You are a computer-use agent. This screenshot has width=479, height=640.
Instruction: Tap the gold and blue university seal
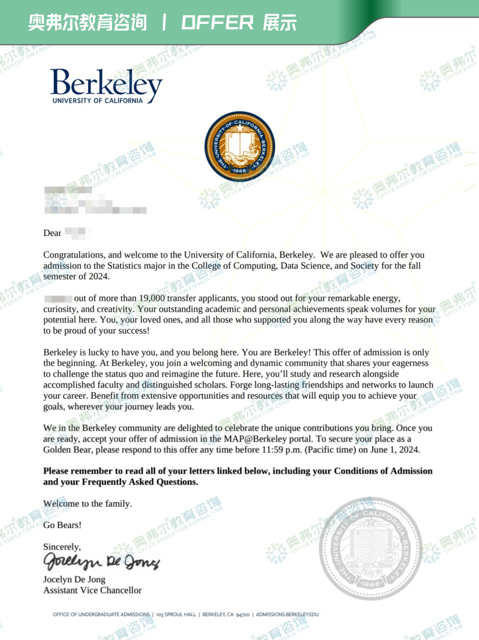(x=239, y=147)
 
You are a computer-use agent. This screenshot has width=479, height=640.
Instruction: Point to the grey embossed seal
(x=370, y=549)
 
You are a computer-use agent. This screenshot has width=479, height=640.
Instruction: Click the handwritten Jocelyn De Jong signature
(x=101, y=562)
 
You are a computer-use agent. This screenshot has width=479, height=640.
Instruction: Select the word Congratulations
(x=74, y=255)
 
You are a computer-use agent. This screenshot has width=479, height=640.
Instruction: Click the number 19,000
(x=152, y=298)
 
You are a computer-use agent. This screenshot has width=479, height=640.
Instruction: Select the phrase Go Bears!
(x=62, y=525)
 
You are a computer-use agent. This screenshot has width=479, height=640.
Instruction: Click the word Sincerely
(x=62, y=547)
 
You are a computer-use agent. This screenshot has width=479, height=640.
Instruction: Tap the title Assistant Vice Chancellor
(x=92, y=590)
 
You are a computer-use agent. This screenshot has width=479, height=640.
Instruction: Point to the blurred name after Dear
(x=76, y=233)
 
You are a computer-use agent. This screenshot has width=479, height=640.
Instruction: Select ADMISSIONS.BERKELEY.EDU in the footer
(x=287, y=614)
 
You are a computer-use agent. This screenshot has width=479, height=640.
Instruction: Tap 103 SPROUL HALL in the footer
(x=176, y=614)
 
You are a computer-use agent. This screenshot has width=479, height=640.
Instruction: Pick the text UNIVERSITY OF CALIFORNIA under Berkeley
(x=98, y=101)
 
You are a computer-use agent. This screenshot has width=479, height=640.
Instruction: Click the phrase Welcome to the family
(x=87, y=503)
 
